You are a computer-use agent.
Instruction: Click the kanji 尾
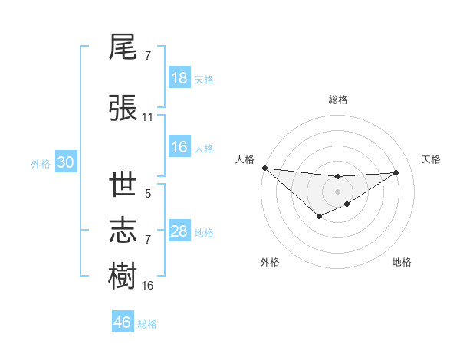point(123,47)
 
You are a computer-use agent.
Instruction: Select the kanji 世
point(123,185)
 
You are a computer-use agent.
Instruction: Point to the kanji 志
point(123,230)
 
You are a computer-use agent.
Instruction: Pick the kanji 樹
point(123,276)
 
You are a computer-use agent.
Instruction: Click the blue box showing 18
point(179,78)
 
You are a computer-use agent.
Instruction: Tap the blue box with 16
point(179,148)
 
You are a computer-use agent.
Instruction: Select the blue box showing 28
point(179,231)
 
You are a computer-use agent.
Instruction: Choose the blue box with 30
point(65,163)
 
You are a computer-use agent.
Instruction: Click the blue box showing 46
point(123,322)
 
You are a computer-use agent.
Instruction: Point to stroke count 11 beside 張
point(147,117)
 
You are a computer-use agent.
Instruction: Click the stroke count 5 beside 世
point(147,194)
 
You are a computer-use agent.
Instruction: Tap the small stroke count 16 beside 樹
point(147,286)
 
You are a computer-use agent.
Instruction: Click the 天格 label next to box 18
point(204,79)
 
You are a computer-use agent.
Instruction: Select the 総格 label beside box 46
point(147,323)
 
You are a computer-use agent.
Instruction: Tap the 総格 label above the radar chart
point(337,100)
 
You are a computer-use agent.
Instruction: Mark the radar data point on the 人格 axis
point(264,168)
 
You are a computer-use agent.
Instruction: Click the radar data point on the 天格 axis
point(396,172)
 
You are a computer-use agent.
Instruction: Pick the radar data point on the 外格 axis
point(319,218)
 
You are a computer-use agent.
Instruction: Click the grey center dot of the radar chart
point(337,191)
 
